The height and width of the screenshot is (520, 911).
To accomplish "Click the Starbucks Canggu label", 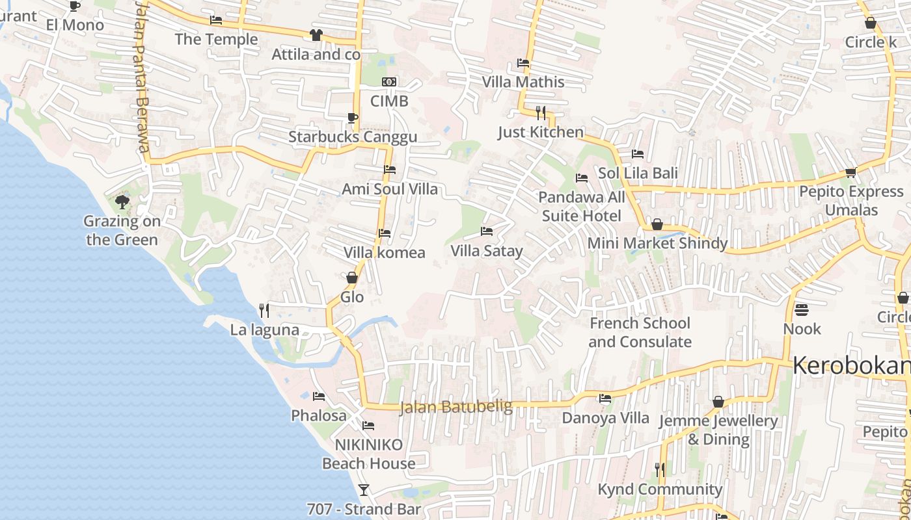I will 353,137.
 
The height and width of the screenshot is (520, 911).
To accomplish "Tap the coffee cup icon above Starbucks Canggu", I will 352,118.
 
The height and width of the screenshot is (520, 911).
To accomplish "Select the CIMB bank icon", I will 389,82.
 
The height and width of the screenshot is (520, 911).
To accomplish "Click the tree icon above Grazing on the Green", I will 122,201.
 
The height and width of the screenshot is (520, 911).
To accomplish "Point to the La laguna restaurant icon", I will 264,310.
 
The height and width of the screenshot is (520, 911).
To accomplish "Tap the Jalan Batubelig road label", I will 455,408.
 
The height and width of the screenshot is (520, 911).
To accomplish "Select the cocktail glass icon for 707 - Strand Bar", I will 364,489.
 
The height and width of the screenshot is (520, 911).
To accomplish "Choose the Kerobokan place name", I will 851,365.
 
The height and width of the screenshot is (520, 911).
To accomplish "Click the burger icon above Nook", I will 802,309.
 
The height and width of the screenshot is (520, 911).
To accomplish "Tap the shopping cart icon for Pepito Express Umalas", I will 850,172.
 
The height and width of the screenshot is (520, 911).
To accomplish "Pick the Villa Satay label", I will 487,251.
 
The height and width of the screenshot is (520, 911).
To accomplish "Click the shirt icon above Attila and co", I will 316,35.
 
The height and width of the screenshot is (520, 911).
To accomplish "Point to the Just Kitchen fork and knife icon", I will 540,113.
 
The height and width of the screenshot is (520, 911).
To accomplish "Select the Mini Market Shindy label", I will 657,243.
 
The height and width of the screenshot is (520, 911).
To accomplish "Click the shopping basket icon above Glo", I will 352,278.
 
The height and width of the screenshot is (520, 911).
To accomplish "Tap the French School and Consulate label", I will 640,332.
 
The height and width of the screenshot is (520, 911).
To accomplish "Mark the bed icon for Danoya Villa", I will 605,398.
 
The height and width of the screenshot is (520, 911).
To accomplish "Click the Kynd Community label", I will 660,489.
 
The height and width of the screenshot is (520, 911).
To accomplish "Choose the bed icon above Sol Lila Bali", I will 638,154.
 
